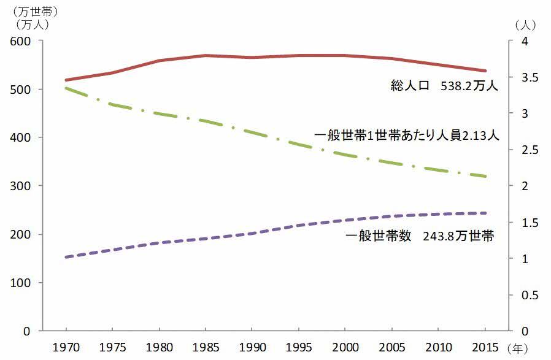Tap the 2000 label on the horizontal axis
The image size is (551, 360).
point(344,347)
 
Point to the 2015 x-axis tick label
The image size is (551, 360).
point(485,347)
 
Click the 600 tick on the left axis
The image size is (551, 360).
point(20,41)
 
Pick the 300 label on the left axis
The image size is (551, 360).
point(20,186)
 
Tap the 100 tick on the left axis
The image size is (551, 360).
point(20,283)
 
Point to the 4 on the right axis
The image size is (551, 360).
point(518,41)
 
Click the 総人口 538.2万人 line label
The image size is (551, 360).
point(444,86)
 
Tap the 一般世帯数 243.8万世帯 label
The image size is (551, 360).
point(420,236)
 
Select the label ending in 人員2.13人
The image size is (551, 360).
point(406,136)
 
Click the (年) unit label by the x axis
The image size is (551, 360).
point(517,348)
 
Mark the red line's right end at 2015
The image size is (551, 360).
point(485,71)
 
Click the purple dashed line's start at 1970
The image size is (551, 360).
point(65,257)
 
